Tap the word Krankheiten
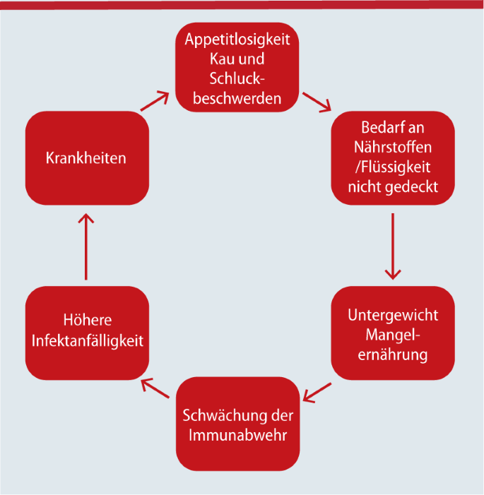tap(85, 157)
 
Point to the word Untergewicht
tap(393, 314)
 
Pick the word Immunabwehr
tap(237, 434)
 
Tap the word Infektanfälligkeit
tap(87, 340)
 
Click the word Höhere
tap(87, 321)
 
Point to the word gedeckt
tap(412, 187)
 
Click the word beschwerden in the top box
tap(237, 97)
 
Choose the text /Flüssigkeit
tap(393, 168)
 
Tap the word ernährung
tap(393, 354)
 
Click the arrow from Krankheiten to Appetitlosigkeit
tap(155, 101)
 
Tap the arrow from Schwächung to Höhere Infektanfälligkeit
tap(155, 389)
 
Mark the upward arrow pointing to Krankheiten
tap(86, 246)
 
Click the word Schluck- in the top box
tap(237, 78)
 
